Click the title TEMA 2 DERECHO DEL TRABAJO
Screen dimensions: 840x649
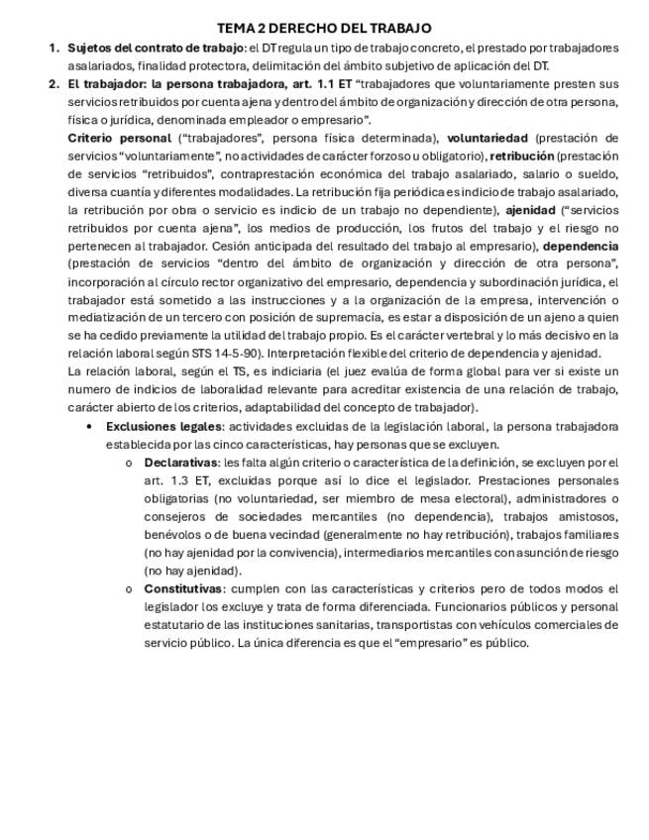click(324, 28)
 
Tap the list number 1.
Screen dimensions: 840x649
click(53, 48)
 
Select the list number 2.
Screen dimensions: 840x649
click(53, 83)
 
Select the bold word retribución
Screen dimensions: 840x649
click(522, 156)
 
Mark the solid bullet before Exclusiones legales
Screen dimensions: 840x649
click(90, 427)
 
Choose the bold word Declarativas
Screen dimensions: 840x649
click(181, 463)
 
